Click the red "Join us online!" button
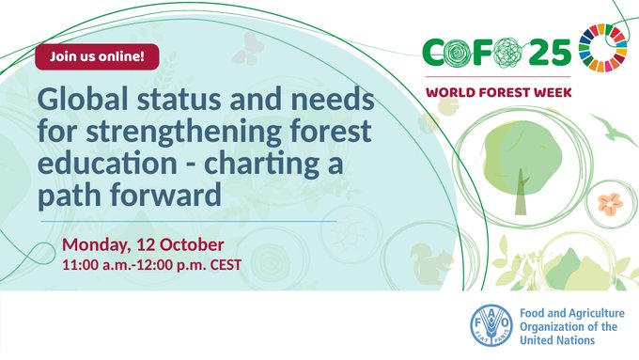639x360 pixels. point(97,55)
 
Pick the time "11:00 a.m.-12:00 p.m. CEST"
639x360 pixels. point(150,265)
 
